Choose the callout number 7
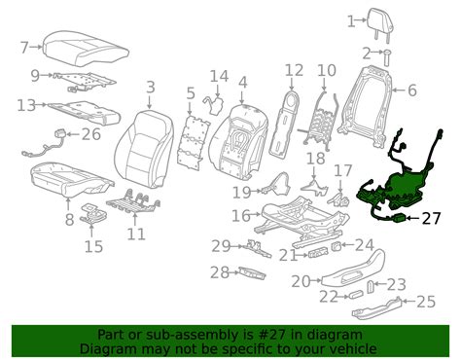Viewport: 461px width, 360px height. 26,46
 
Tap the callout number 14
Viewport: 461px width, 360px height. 219,76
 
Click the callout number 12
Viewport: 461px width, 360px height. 294,69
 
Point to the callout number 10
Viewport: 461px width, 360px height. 327,69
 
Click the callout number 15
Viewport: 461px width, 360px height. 92,246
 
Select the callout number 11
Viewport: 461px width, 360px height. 136,234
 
